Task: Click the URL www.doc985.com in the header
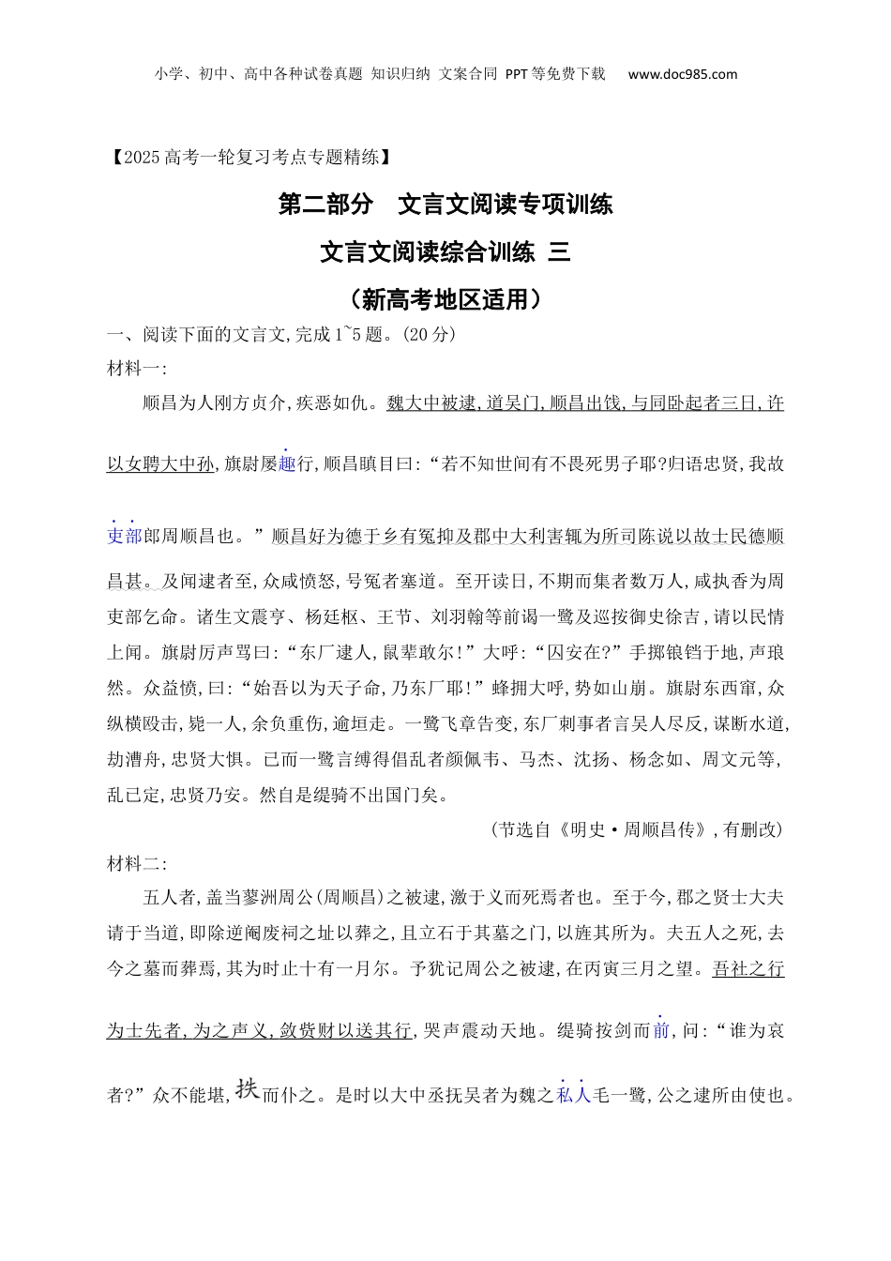[682, 74]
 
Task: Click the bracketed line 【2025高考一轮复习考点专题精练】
[249, 157]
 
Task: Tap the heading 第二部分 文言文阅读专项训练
[445, 204]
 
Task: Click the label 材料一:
[136, 368]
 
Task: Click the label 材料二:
[136, 863]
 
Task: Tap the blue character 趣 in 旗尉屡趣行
[287, 463]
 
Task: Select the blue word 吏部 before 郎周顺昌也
[124, 536]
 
